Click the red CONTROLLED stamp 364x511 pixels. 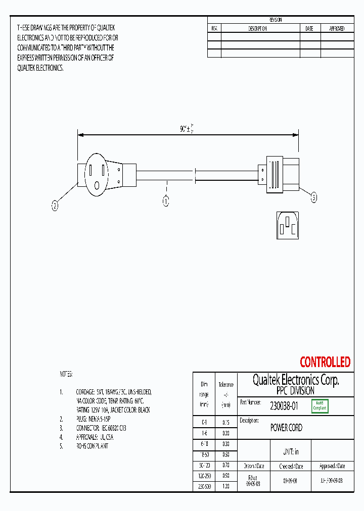[x=325, y=362]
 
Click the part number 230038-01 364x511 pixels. [x=284, y=405]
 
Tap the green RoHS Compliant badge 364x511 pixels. [x=320, y=405]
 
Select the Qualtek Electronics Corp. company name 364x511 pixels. [x=295, y=380]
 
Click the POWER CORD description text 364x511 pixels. [x=286, y=428]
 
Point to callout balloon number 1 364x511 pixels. [x=165, y=201]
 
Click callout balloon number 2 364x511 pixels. [x=55, y=206]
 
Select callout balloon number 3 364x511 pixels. [x=313, y=198]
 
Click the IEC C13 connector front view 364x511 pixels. [x=287, y=225]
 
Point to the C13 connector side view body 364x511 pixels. [x=281, y=174]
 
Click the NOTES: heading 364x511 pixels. [x=66, y=374]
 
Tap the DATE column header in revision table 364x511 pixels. [x=309, y=29]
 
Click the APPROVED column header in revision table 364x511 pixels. [x=337, y=29]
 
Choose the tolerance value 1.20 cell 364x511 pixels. [x=226, y=486]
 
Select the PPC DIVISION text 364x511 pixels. [x=295, y=391]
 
